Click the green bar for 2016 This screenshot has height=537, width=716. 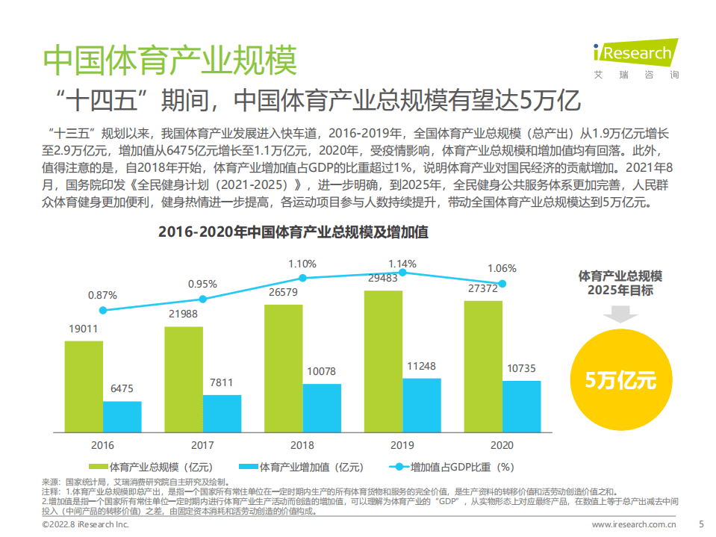tap(84, 386)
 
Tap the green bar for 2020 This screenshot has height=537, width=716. tap(483, 366)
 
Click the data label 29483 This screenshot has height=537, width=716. tap(383, 278)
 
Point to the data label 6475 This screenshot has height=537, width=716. tap(122, 388)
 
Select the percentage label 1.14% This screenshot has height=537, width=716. tap(402, 264)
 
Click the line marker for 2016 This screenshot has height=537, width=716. tap(103, 310)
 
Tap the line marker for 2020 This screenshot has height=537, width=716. tap(502, 283)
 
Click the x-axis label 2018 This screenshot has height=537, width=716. tap(302, 445)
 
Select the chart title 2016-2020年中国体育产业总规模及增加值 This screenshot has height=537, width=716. tap(293, 232)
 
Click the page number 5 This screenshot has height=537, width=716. tap(700, 525)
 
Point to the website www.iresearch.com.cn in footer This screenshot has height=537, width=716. tap(635, 526)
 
